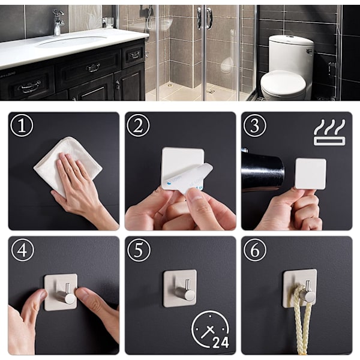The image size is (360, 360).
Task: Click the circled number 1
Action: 22,125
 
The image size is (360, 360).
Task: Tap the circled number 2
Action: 138,125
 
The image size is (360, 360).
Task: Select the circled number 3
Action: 255,125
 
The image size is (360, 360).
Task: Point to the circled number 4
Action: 23,250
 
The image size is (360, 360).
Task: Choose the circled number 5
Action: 139,250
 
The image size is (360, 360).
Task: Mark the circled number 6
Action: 255,250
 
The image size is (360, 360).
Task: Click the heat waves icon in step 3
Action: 329,132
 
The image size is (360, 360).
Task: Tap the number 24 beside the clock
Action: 221,343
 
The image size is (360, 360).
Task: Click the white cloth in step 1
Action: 68,166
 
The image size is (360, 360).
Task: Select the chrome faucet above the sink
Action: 58,22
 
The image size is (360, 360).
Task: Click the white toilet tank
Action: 291,54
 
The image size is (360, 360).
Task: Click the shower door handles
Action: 205,18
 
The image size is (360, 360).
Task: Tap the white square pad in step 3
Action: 310,173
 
